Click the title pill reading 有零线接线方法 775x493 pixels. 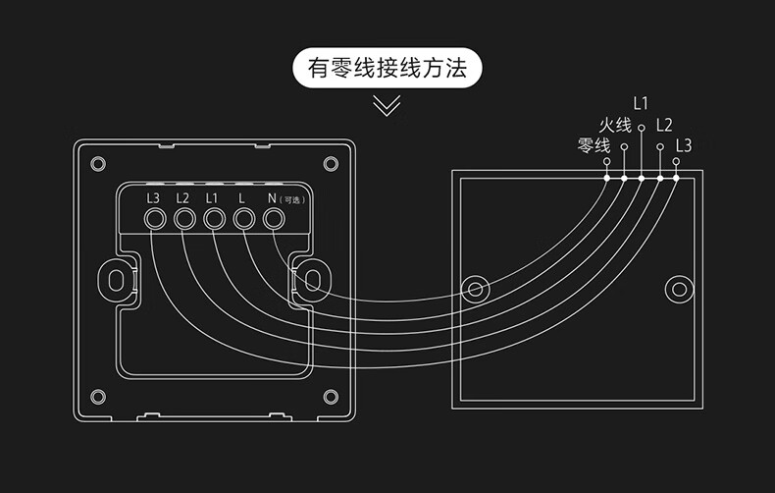(x=387, y=69)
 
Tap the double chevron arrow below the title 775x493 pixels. (x=387, y=105)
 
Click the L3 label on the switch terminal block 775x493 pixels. (x=153, y=197)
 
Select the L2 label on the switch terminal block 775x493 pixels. (x=182, y=197)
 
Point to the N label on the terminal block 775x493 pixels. (x=272, y=197)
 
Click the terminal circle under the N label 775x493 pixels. (x=274, y=219)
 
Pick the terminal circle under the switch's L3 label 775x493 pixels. (x=154, y=219)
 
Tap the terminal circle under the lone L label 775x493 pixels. (x=243, y=219)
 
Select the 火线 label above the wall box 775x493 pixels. (x=614, y=125)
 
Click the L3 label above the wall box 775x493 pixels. (x=684, y=145)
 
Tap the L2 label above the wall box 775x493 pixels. (x=664, y=125)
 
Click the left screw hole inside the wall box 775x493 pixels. (x=477, y=289)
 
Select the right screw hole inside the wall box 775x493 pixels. (x=678, y=289)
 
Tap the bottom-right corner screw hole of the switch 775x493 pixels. (x=331, y=397)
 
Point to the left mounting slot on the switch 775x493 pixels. (x=117, y=280)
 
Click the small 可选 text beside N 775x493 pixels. (x=292, y=200)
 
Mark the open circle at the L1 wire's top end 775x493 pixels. (x=641, y=127)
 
